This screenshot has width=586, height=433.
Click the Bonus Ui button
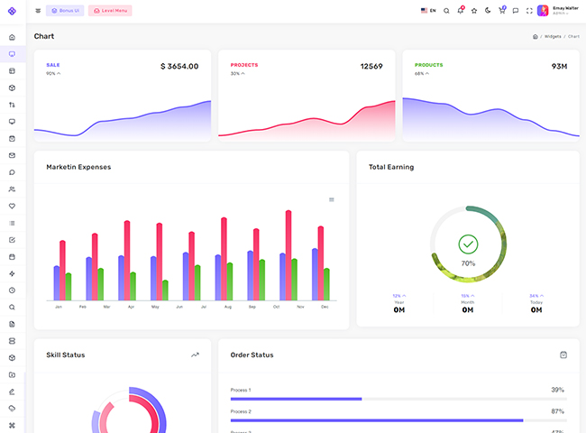pos(65,11)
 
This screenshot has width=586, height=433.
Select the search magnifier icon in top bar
pos(446,11)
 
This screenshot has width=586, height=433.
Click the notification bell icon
pos(460,11)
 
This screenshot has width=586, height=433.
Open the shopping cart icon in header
pos(501,11)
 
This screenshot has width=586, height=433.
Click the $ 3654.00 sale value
pos(179,67)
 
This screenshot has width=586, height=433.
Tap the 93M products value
pos(559,67)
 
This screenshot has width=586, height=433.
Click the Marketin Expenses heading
pos(78,167)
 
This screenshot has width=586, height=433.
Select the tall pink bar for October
pos(288,255)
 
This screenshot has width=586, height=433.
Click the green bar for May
pos(165,290)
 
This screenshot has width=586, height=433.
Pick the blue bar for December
pos(315,274)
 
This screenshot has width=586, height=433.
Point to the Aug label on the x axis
pos(228,308)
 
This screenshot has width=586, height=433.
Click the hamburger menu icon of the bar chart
pos(332,199)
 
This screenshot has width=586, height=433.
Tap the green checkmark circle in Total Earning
pos(468,244)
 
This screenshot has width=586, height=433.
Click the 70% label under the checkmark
pos(468,263)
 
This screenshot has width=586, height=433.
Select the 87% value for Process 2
pos(557,411)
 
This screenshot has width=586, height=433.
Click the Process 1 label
pos(241,390)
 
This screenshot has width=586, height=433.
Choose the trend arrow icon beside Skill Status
pos(195,355)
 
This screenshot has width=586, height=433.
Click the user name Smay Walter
pos(565,7)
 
